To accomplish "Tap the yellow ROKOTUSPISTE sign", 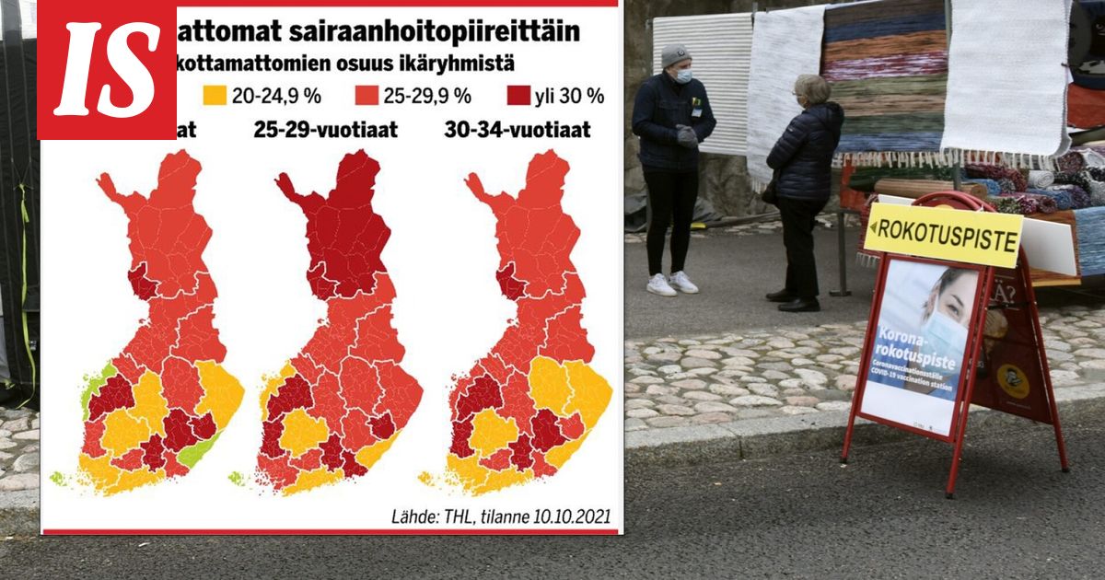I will tap(944, 234).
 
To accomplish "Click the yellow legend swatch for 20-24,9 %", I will tap(215, 95).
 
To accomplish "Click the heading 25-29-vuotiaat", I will tap(325, 130).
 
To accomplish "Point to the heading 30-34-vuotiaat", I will tap(517, 130).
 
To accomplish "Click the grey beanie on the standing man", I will tap(675, 55).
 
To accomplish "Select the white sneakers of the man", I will tap(671, 283).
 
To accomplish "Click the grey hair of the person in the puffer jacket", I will tap(812, 88).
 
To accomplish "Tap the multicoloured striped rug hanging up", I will tap(883, 74).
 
